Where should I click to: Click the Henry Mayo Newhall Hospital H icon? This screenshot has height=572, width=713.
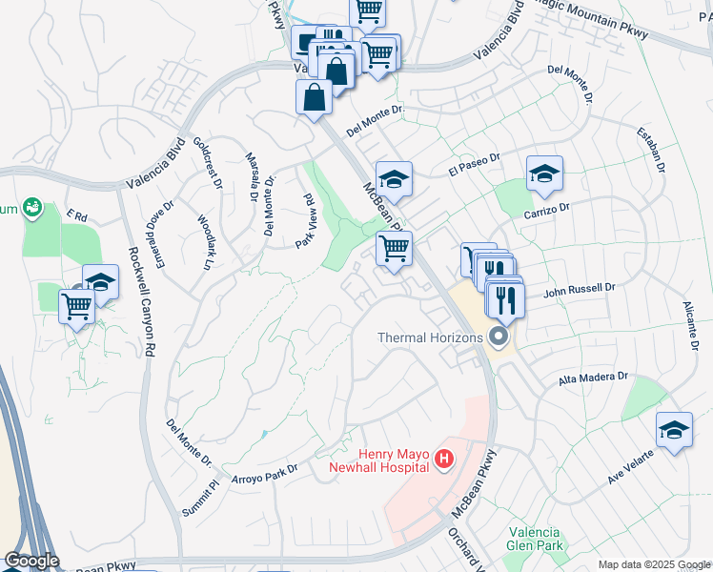(x=443, y=460)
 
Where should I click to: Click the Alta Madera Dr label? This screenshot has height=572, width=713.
(x=593, y=378)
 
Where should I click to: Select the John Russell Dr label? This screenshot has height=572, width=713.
(x=581, y=289)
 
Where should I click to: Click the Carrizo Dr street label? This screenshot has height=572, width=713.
(x=546, y=206)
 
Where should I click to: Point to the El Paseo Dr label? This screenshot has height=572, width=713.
(x=474, y=164)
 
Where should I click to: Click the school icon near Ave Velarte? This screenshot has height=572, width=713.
(x=674, y=431)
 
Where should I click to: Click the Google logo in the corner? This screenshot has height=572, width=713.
(x=31, y=561)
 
